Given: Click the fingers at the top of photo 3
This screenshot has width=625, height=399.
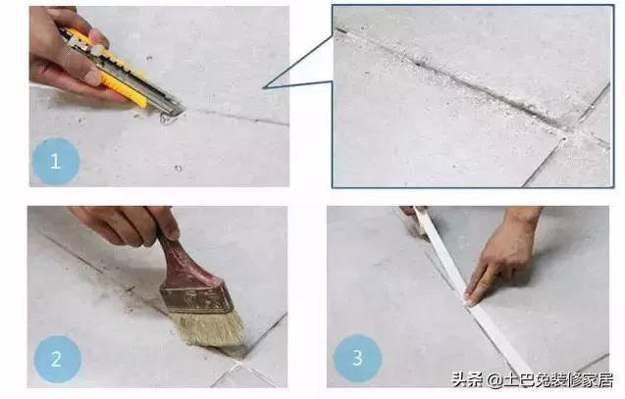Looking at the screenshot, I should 410,213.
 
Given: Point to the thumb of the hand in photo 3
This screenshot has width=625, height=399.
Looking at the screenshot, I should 474,291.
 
